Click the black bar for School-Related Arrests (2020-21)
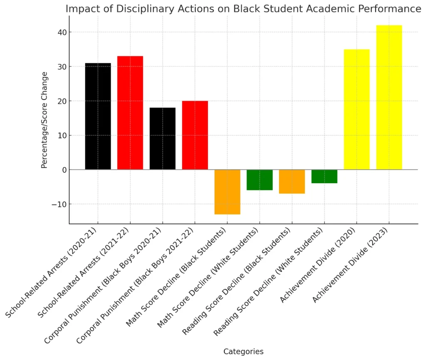(98, 116)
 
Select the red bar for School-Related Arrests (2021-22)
(130, 113)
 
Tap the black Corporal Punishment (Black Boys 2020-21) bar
(163, 139)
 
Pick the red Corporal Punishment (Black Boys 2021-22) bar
(195, 135)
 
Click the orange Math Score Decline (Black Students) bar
(227, 192)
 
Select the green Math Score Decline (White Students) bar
(260, 180)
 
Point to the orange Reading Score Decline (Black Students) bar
(292, 181)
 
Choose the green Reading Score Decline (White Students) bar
(324, 176)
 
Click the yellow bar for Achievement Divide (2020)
(357, 109)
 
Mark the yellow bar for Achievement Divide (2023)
(389, 97)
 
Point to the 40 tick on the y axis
(61, 32)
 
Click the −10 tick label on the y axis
(59, 204)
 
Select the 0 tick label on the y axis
(63, 170)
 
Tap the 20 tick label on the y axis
(61, 101)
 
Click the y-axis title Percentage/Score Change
(45, 120)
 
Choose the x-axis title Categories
(243, 352)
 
